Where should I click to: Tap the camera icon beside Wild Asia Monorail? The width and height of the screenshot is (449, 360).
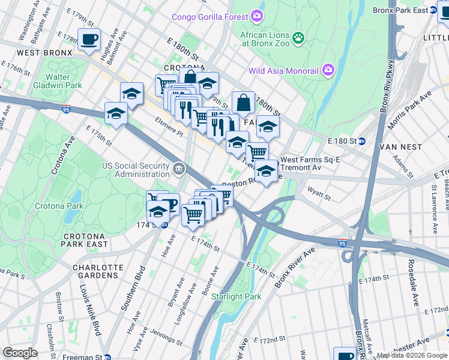328,70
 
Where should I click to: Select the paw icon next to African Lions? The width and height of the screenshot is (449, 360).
298,38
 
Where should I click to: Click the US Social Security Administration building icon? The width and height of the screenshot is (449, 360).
178,170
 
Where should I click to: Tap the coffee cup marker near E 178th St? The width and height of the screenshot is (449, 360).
90,40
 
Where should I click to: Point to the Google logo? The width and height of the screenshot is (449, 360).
20,353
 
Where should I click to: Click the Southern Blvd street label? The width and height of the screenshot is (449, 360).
133,288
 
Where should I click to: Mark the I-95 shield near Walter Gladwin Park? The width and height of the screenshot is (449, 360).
66,109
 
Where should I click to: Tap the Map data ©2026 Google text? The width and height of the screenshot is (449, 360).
412,355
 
